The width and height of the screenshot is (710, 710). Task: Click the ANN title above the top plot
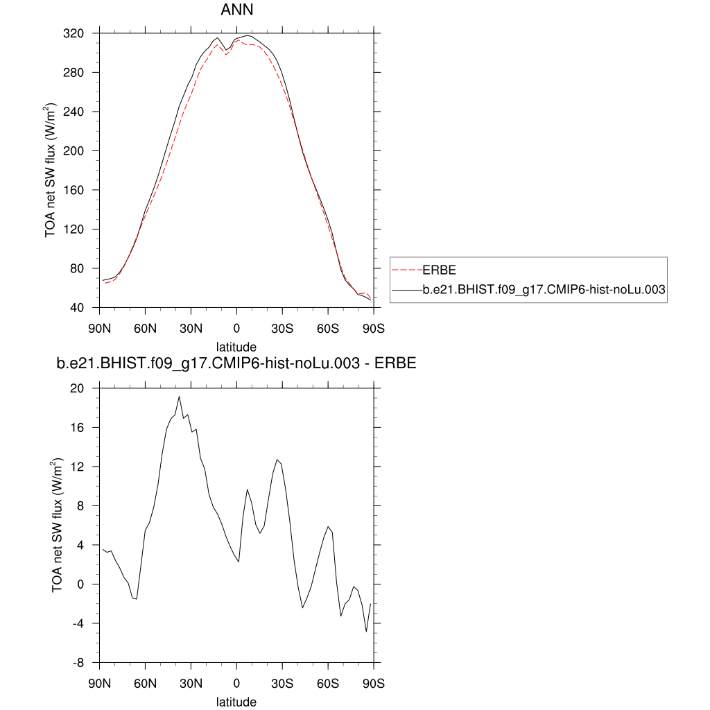tap(236, 10)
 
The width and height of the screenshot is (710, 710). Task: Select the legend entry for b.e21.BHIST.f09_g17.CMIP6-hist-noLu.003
tap(544, 293)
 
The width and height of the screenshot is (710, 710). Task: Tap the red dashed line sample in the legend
tap(407, 270)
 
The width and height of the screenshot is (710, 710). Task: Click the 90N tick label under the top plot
tap(100, 328)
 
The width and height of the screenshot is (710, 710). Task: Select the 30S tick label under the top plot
tap(282, 328)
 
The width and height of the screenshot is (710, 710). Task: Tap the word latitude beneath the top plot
tap(236, 346)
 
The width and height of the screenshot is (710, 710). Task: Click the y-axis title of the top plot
tap(51, 171)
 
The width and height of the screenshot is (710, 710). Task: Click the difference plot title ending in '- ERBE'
tap(236, 363)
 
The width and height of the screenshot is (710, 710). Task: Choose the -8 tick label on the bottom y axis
tap(84, 662)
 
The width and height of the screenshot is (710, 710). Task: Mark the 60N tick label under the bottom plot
tap(146, 683)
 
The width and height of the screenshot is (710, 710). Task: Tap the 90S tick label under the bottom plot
tap(374, 683)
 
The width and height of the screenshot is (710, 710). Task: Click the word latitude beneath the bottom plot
tap(236, 702)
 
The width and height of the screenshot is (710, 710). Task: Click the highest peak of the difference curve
tap(179, 397)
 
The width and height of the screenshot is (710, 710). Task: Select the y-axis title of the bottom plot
tap(58, 526)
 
